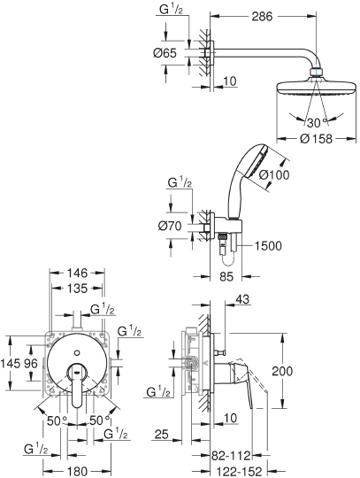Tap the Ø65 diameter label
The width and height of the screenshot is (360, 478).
coord(164,54)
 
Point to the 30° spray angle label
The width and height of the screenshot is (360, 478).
coord(310,121)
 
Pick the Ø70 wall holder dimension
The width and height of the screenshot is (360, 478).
coord(169,225)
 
